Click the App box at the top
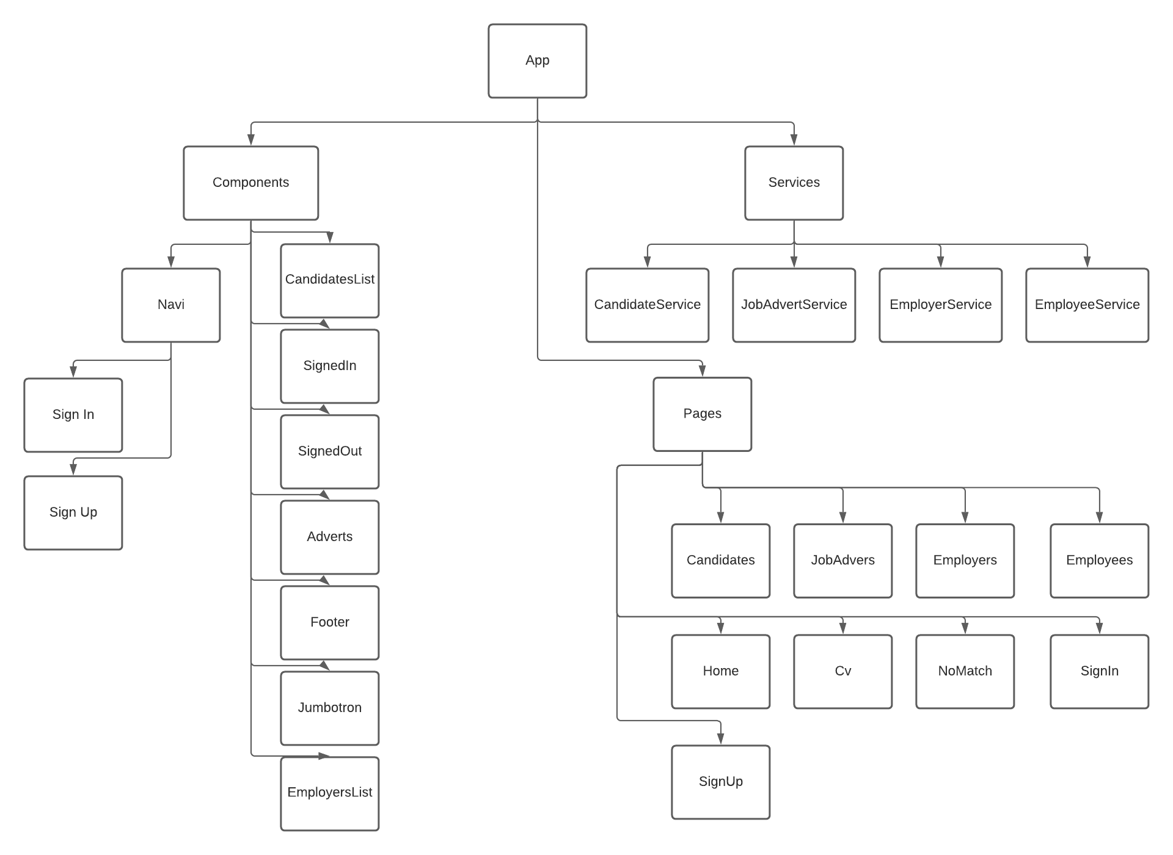pos(537,60)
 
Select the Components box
pos(250,183)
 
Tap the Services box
pos(794,183)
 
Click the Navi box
pos(170,305)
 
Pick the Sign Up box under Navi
pos(73,512)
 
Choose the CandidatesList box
pos(329,280)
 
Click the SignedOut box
pos(329,451)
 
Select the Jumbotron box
pos(329,708)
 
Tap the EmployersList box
pos(329,793)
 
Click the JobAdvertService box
pos(794,305)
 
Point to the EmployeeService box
pos(1087,305)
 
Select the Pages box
pos(702,414)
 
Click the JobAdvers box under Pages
pos(842,561)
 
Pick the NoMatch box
pos(965,671)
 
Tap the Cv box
pos(842,671)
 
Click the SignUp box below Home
pos(720,782)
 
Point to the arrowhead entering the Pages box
pos(702,371)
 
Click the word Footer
pos(329,622)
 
